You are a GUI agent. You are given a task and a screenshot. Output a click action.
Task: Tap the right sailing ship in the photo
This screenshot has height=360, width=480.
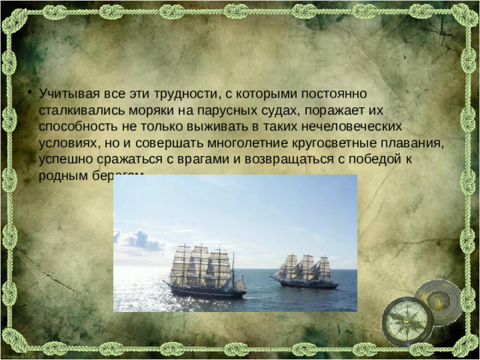click(304, 271)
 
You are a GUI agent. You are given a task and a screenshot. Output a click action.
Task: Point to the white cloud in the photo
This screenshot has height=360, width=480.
click(139, 241)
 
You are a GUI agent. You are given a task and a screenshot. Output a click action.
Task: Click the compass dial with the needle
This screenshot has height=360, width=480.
click(406, 320)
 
